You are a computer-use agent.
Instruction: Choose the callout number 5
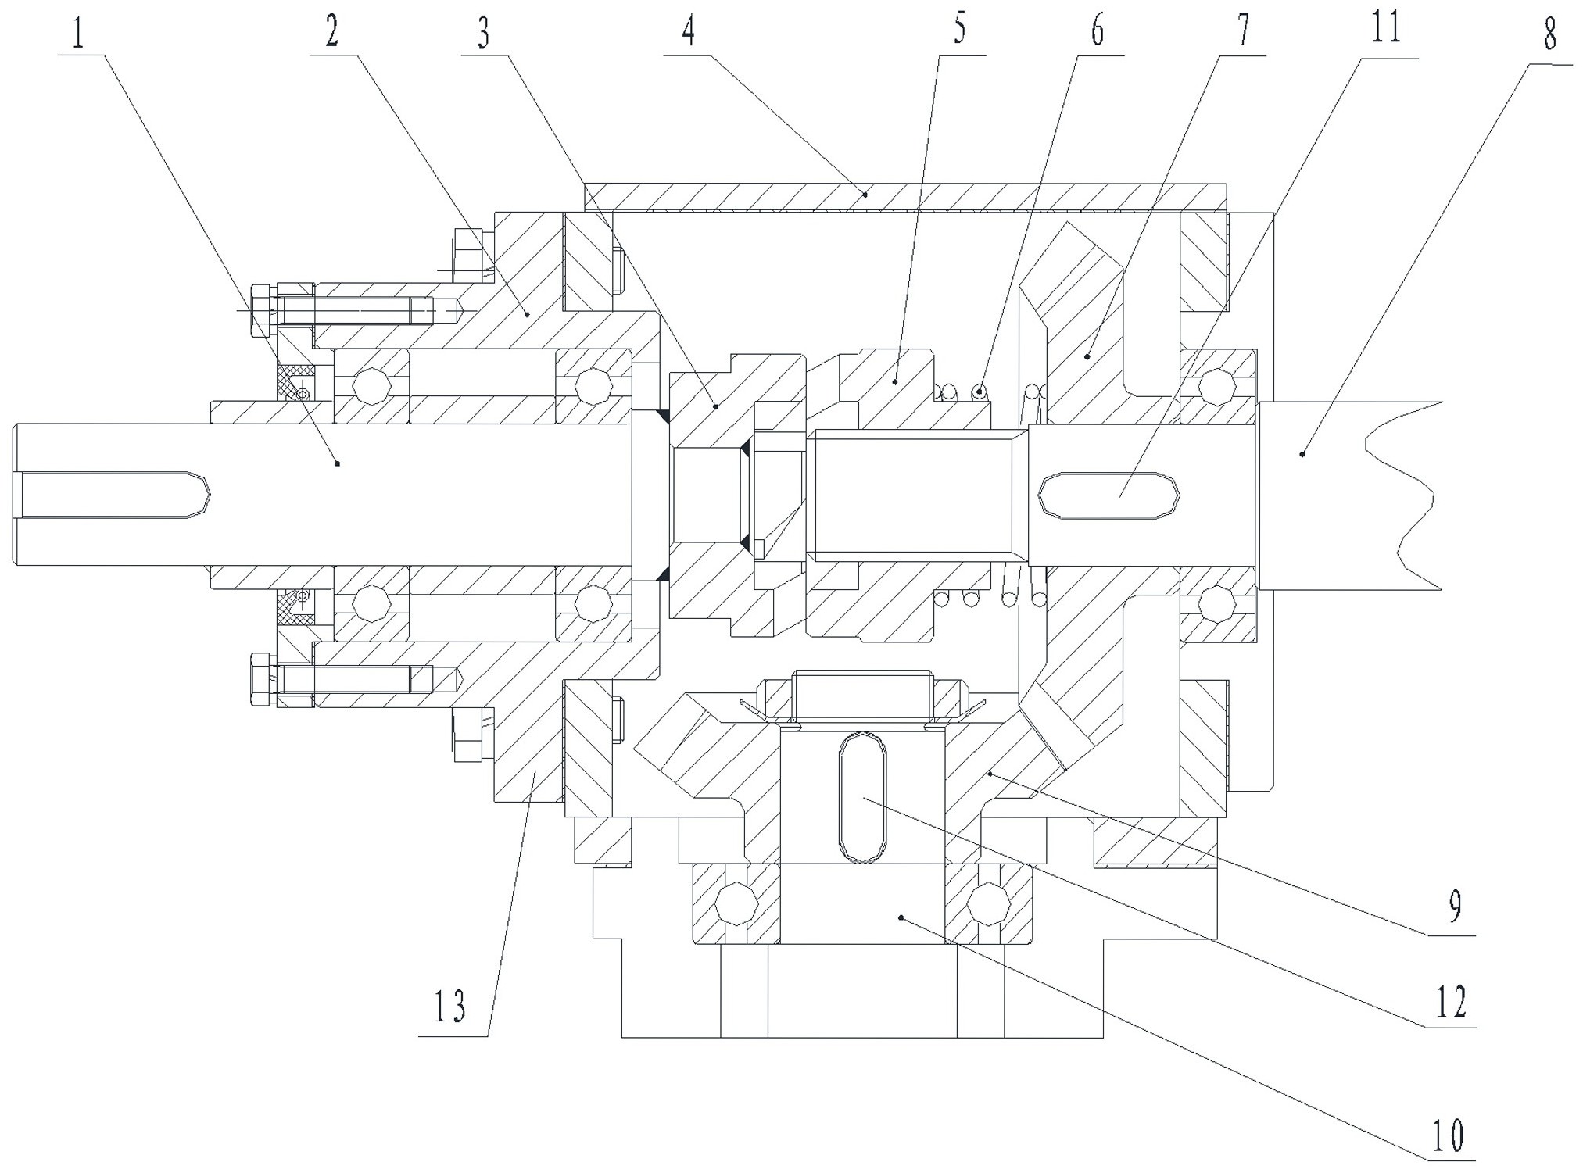[960, 29]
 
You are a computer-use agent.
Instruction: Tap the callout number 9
[1455, 906]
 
